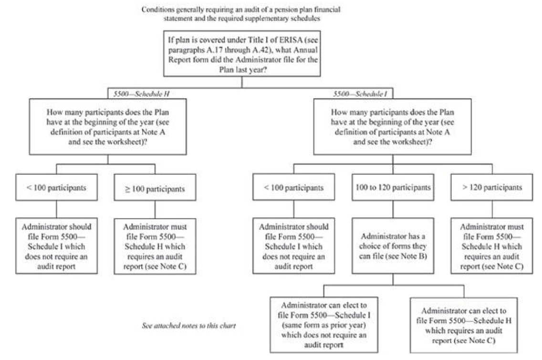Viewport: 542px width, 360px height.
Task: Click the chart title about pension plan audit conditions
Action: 241,14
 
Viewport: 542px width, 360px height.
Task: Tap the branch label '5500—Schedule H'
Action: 141,94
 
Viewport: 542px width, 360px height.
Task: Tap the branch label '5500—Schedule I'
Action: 360,94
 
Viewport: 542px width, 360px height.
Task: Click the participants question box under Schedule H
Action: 108,127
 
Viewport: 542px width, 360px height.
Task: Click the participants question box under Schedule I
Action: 392,127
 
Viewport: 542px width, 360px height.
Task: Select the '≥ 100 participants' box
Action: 155,188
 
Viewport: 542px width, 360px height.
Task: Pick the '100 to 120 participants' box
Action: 393,187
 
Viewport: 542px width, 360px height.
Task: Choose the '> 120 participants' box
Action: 492,187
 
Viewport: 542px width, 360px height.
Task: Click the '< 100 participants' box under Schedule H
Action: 56,187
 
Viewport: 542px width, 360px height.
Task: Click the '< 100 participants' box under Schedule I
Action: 294,187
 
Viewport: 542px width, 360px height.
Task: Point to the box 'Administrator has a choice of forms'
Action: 393,246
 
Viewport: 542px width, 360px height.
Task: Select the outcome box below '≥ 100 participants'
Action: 155,246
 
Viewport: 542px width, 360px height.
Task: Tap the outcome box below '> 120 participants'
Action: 492,246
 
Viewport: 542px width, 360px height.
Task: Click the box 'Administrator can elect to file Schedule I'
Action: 324,325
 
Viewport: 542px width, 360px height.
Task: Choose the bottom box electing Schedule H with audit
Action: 464,325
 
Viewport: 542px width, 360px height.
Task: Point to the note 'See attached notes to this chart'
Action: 189,326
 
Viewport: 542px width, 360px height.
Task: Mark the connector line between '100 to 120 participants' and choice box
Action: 393,209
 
